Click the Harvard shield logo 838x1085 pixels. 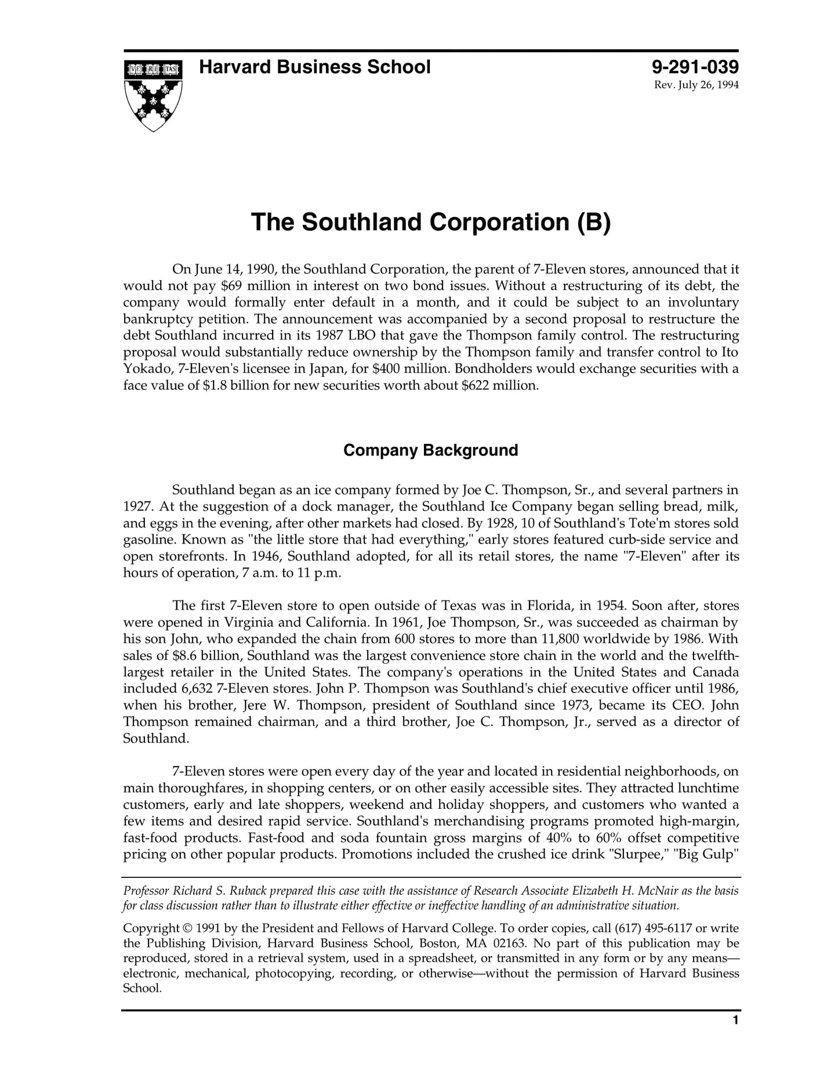pos(153,95)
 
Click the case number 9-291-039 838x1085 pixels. pos(695,67)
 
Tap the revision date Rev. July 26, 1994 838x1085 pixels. pos(696,85)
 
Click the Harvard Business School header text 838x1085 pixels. pos(314,67)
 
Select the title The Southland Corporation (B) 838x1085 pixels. pos(431,222)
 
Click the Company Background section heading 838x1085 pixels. pos(430,450)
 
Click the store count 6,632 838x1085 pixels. pos(193,689)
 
